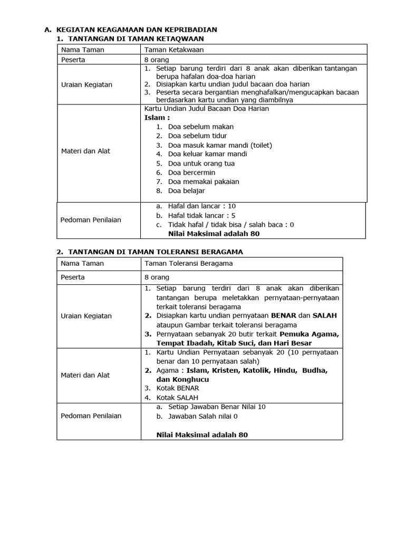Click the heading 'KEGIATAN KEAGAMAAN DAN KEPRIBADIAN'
tap(136, 30)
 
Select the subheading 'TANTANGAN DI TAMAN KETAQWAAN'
tap(136, 39)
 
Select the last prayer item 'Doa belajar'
tap(186, 190)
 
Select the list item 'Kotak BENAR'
tap(178, 388)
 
